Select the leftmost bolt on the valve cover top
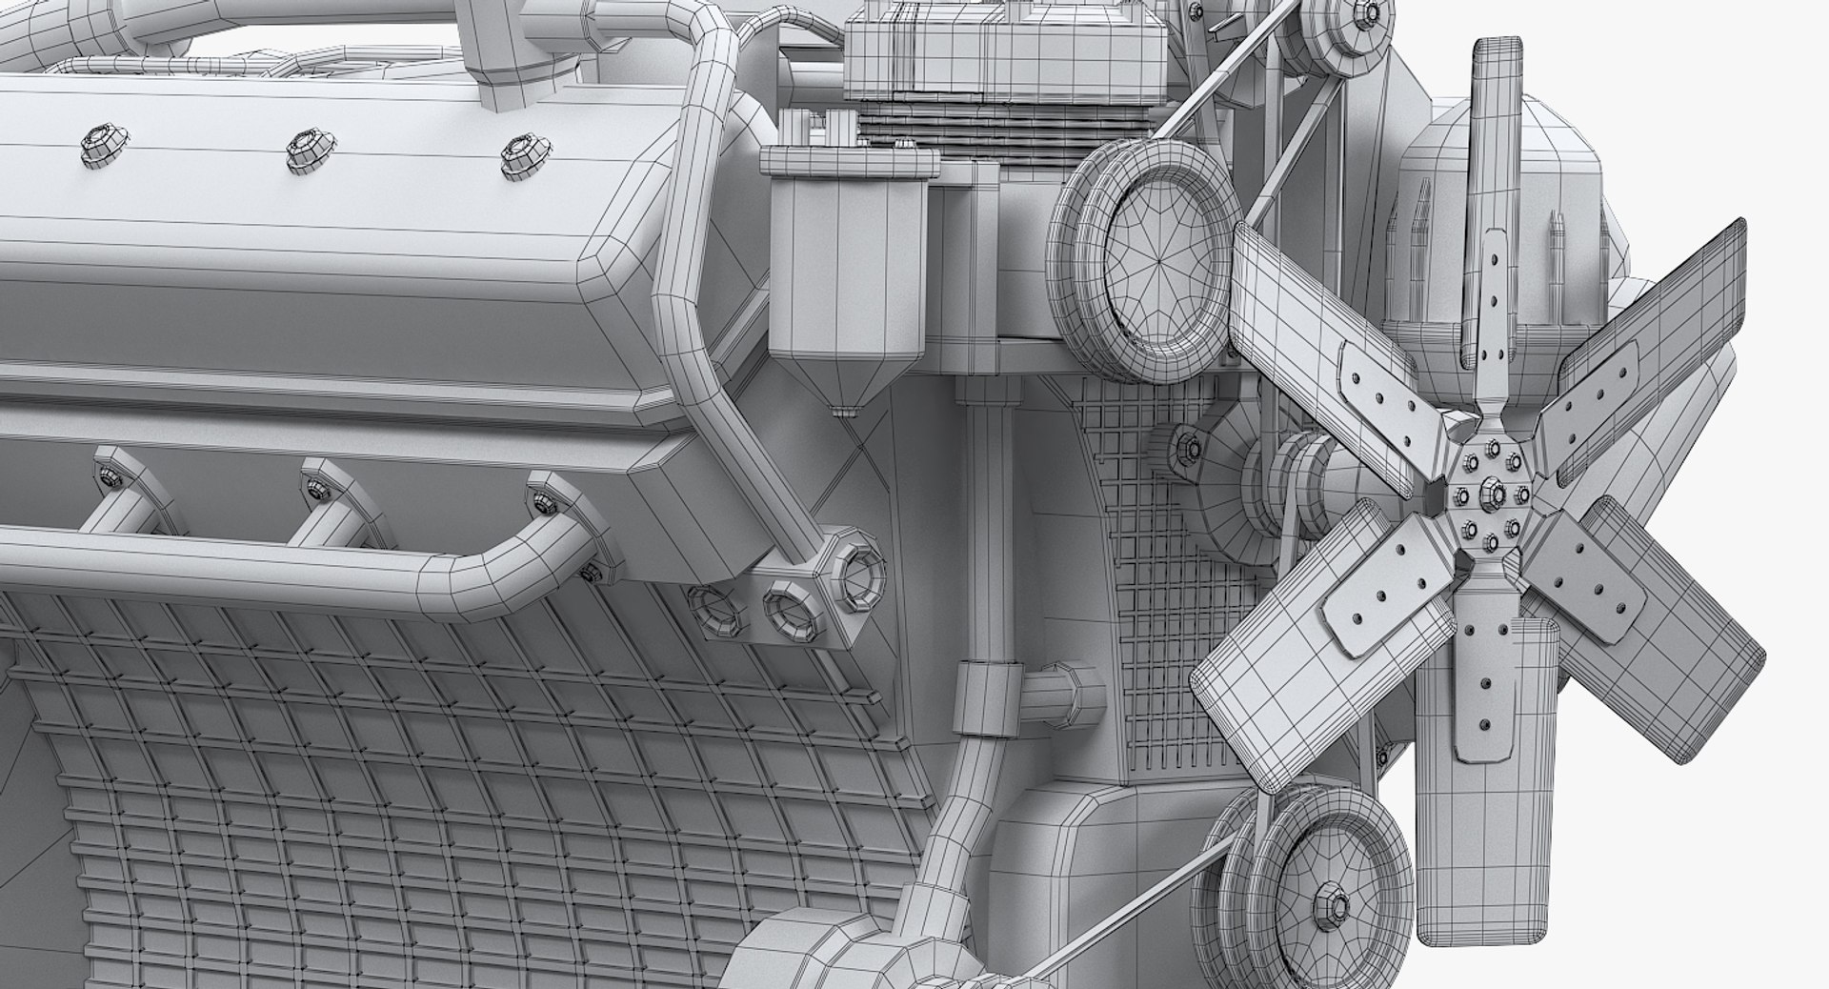click(x=97, y=143)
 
